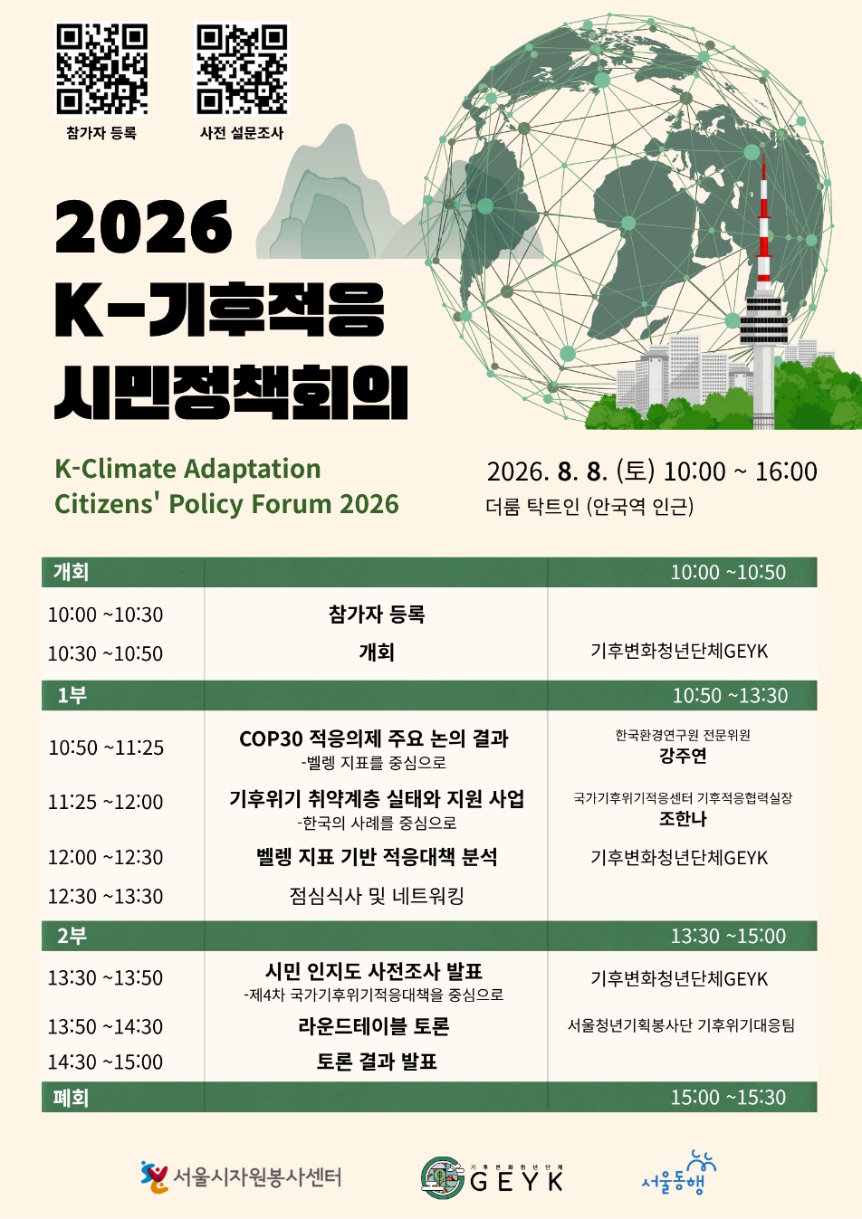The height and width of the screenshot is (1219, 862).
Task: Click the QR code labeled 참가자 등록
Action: click(101, 69)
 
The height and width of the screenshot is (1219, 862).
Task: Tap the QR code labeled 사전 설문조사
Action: click(241, 69)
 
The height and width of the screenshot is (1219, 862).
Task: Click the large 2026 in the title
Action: click(143, 226)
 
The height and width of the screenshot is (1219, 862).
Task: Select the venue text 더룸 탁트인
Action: click(532, 506)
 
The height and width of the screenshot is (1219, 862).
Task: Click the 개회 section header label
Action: click(71, 572)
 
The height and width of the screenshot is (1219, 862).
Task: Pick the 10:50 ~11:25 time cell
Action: click(106, 748)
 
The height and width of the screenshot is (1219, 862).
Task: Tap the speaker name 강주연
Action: click(683, 756)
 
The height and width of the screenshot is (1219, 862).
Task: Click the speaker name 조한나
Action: click(683, 818)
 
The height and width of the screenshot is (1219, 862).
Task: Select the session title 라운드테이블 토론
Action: click(374, 1026)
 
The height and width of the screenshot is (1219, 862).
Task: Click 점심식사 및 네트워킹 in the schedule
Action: click(377, 895)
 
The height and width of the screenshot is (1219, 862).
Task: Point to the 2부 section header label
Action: click(72, 935)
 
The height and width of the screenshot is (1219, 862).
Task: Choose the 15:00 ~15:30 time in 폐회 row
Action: click(728, 1097)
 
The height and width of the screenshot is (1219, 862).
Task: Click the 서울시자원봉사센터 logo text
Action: click(257, 1177)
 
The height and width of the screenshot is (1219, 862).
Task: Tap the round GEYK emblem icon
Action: click(442, 1177)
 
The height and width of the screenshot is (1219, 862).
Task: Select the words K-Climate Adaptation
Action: click(187, 469)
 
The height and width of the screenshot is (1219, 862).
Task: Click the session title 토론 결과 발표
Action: click(377, 1061)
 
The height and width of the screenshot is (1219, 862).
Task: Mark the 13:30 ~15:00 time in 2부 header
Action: click(728, 936)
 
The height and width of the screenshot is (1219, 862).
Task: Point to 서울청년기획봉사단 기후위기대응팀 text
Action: click(681, 1025)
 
